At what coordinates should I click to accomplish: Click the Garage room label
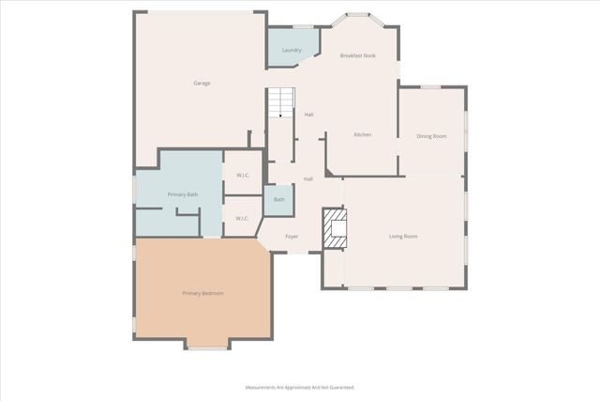click(202, 83)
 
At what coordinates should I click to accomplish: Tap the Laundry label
click(292, 49)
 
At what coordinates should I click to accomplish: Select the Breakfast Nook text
click(357, 55)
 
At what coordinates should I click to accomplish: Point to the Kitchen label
click(362, 134)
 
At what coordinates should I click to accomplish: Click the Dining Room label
click(431, 136)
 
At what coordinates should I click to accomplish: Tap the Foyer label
click(292, 237)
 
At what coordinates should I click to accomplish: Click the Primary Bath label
click(183, 194)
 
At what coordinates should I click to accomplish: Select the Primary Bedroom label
click(202, 293)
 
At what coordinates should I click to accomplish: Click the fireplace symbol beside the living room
click(335, 229)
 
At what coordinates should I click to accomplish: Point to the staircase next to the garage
click(281, 102)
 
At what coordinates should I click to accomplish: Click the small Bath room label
click(279, 199)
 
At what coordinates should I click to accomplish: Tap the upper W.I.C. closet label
click(242, 175)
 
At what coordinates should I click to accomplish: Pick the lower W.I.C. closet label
click(242, 218)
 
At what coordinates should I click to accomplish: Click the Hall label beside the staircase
click(308, 115)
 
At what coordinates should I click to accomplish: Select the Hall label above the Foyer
click(307, 178)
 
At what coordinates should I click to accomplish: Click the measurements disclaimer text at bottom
click(300, 387)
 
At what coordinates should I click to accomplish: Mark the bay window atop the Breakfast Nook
click(357, 16)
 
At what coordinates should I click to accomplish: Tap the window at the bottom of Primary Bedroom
click(206, 348)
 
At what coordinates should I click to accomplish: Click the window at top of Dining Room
click(430, 87)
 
